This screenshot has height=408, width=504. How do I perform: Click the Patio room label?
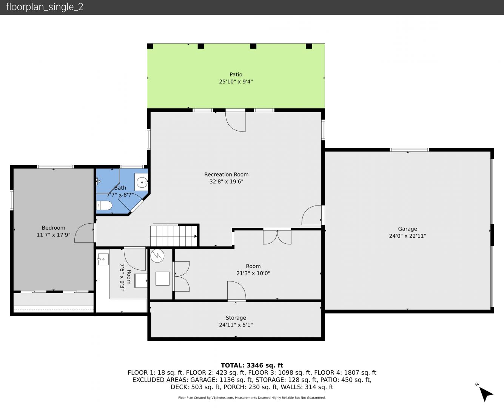(x=236, y=74)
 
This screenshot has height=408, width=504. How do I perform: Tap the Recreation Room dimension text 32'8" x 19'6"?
(x=226, y=182)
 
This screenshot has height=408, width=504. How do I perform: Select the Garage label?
(x=407, y=229)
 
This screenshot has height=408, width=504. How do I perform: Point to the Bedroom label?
(x=54, y=228)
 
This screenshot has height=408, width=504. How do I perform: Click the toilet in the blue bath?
(x=104, y=206)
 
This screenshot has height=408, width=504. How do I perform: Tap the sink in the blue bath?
(x=141, y=182)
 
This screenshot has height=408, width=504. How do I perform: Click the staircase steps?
(x=174, y=236)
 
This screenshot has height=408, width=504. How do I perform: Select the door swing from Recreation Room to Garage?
(x=312, y=215)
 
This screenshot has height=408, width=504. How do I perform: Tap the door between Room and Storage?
(x=237, y=291)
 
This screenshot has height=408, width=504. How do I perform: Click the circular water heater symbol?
(x=157, y=256)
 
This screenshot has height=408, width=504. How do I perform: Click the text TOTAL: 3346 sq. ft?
(x=252, y=365)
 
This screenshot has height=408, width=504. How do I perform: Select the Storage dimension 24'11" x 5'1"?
(x=236, y=325)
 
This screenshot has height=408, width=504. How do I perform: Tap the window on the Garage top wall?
(x=409, y=150)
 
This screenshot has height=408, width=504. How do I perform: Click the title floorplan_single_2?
(x=45, y=7)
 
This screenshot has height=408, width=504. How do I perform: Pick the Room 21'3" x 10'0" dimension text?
(x=253, y=273)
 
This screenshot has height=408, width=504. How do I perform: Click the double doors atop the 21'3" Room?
(x=277, y=237)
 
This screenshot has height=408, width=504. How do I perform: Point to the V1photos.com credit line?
(x=252, y=397)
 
